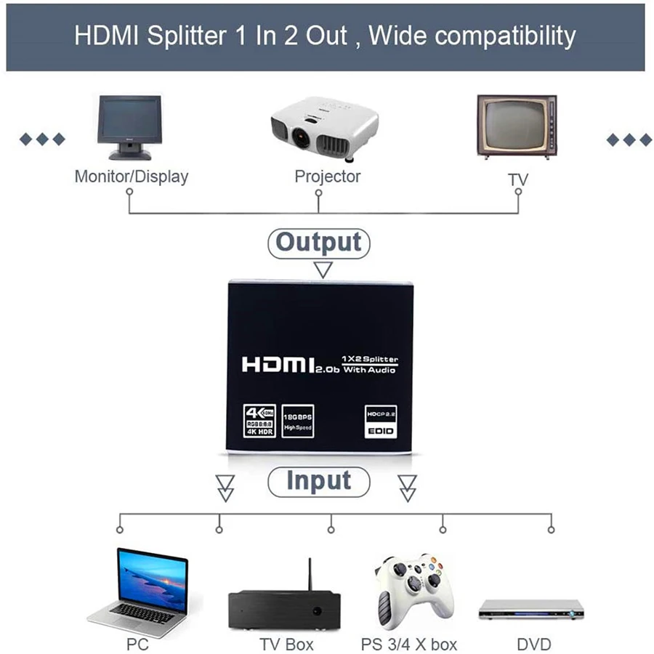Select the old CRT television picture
(x=517, y=125)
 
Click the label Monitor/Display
(x=132, y=176)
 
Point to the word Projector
(x=327, y=176)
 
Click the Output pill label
(x=318, y=242)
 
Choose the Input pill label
(x=318, y=481)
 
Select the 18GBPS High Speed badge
(x=297, y=421)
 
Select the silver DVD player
(x=530, y=610)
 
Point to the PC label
(x=137, y=644)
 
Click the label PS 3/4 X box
(x=409, y=644)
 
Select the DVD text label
(x=534, y=644)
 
